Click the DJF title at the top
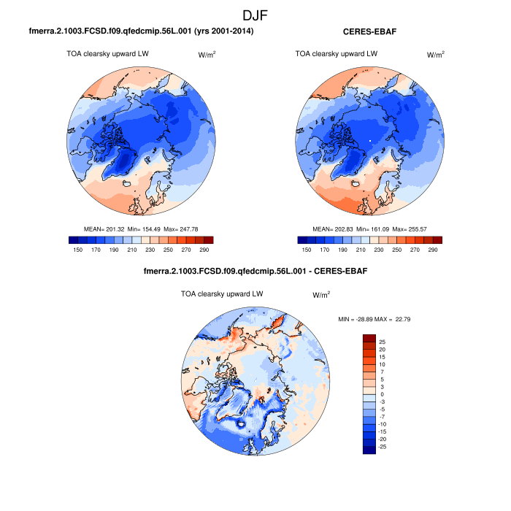[255, 14]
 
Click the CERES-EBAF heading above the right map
[369, 31]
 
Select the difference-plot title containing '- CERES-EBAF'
[255, 272]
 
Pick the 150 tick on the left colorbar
[77, 249]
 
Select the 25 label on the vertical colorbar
[383, 341]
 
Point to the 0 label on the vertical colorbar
[381, 394]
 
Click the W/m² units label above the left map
[208, 55]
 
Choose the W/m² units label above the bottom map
[321, 295]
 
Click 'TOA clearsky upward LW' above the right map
[337, 53]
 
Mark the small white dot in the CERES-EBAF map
[370, 139]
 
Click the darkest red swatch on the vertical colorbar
[369, 337]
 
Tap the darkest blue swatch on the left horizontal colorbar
[73, 239]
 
